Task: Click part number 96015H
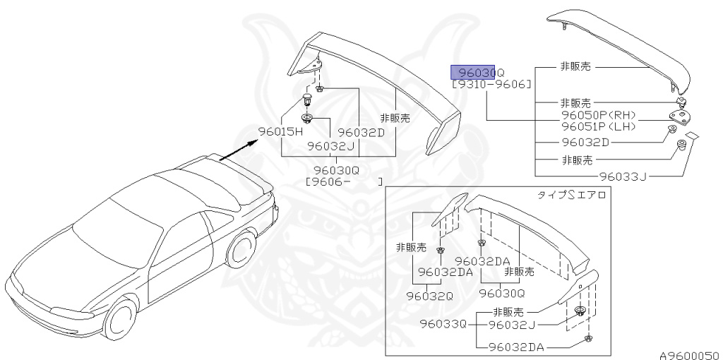280,131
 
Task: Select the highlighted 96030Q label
478,72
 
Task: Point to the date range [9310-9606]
491,85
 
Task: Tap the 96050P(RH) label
598,115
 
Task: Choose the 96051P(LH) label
598,126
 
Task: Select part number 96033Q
443,324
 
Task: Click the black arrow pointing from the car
237,150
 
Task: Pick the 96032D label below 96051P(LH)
585,142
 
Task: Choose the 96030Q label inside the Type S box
502,292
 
